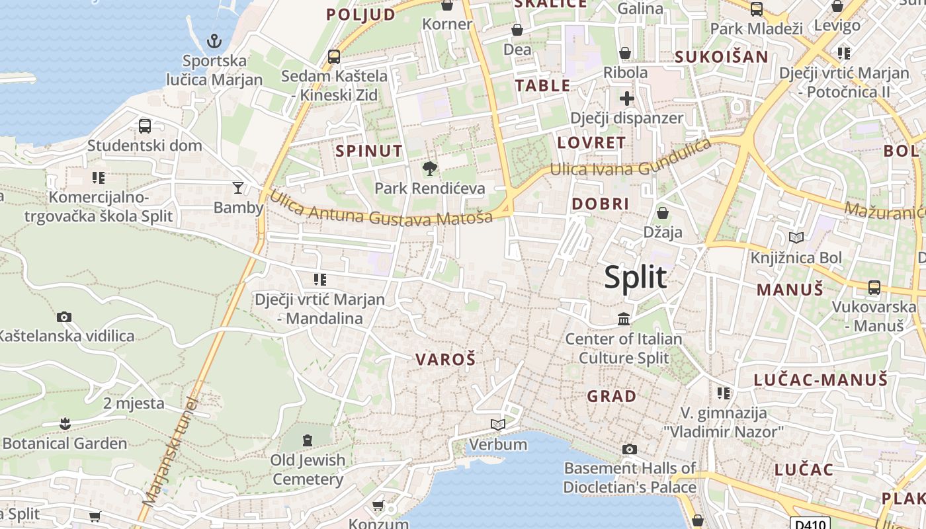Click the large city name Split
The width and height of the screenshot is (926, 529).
[635, 278]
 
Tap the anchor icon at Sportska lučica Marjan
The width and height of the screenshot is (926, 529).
[214, 41]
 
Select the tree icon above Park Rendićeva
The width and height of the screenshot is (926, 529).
[430, 169]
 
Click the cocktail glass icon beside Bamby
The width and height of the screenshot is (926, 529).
[238, 188]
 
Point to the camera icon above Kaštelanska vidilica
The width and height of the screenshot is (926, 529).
[64, 317]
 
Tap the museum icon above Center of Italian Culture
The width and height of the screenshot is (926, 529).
[623, 320]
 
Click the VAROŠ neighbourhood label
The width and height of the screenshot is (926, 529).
[445, 360]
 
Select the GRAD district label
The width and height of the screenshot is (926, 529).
[612, 396]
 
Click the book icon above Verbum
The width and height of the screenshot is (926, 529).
[498, 425]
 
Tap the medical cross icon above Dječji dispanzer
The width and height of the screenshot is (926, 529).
[626, 99]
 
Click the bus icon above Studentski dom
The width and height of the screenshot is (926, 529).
[145, 126]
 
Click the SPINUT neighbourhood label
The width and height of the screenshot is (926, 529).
[368, 151]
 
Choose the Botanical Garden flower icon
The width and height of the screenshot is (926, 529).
[65, 423]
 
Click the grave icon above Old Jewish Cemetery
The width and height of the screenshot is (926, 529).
[307, 440]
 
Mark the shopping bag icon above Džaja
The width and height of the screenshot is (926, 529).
[662, 213]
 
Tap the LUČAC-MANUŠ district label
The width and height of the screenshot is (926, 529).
[820, 380]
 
